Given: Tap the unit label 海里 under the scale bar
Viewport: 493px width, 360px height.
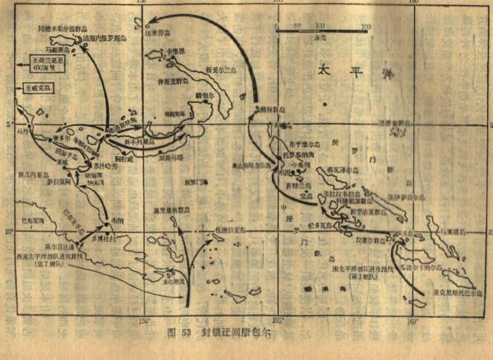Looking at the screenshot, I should [x=323, y=38].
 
